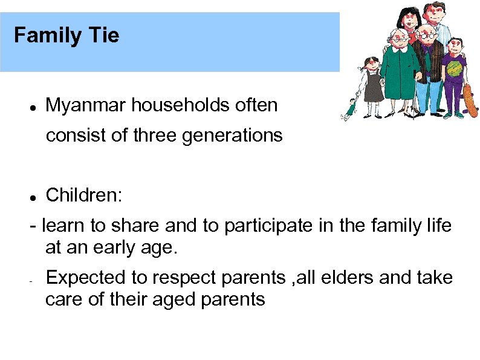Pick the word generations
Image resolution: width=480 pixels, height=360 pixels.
coord(232,136)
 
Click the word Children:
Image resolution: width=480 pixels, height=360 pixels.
coord(84,195)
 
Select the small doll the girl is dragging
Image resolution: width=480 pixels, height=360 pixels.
coord(350,107)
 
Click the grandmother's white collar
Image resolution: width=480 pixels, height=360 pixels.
coord(400,49)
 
